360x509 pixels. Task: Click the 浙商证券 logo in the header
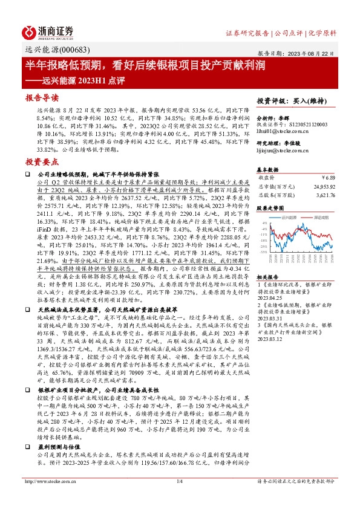pyautogui.click(x=49, y=31)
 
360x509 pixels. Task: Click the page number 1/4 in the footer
pyautogui.click(x=180, y=498)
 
